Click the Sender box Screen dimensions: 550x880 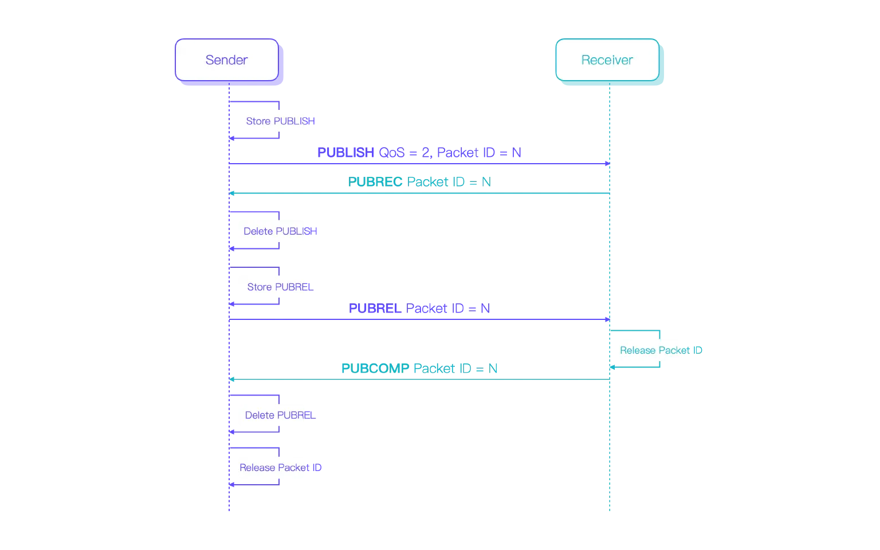tap(227, 60)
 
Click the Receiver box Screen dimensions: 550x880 tap(607, 60)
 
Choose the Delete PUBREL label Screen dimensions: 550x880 tap(280, 415)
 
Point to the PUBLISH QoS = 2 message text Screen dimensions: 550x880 tap(419, 153)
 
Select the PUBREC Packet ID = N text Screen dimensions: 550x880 tap(419, 181)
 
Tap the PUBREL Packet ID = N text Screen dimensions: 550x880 tap(419, 308)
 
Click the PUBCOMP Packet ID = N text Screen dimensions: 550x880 tap(419, 368)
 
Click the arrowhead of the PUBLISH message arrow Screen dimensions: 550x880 tap(607, 164)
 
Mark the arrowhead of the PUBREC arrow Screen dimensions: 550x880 tap(233, 193)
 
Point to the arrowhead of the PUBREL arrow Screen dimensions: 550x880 tap(607, 319)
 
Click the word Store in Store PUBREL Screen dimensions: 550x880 tap(260, 287)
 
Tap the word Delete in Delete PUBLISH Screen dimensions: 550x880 tap(258, 231)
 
